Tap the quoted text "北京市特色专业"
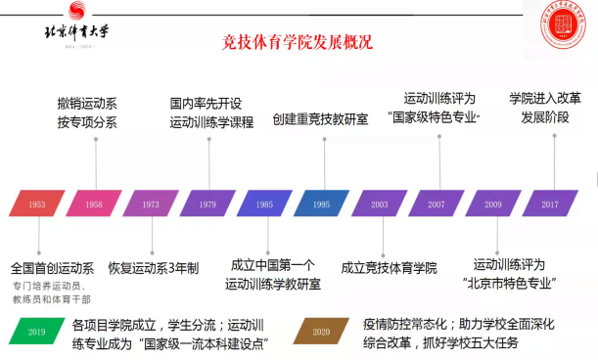pyautogui.click(x=509, y=284)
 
